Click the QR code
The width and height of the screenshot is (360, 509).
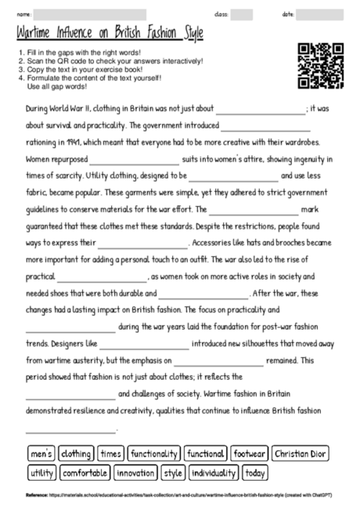(321, 66)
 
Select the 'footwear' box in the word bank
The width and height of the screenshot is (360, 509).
(250, 453)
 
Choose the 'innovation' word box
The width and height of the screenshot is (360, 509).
(136, 473)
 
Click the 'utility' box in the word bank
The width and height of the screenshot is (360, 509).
(41, 473)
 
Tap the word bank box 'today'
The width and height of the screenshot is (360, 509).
(255, 473)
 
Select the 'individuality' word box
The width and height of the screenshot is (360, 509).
(214, 473)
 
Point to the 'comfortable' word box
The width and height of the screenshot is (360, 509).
(85, 473)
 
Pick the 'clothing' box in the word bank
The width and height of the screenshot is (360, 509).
(76, 453)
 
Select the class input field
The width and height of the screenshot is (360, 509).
(242, 14)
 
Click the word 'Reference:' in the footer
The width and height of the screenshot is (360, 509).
(37, 495)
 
